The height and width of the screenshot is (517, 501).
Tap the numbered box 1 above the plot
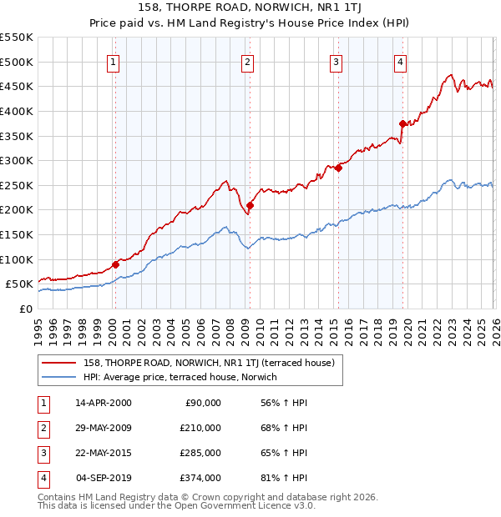[113, 61]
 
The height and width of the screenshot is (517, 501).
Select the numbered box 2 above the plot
[248, 61]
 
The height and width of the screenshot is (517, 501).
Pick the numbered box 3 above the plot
[336, 61]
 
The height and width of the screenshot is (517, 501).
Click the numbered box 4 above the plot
[401, 61]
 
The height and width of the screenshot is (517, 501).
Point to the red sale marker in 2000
[115, 264]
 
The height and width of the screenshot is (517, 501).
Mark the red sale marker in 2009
[250, 205]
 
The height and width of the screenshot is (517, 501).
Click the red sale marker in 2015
[338, 168]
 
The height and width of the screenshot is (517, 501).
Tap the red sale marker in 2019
[402, 124]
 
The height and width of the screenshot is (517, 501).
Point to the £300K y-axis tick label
[17, 160]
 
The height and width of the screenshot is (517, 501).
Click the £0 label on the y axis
[25, 309]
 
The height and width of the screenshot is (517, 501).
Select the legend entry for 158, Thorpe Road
[209, 363]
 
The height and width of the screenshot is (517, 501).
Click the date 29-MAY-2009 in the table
[103, 428]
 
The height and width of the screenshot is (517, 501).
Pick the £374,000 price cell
[200, 478]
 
